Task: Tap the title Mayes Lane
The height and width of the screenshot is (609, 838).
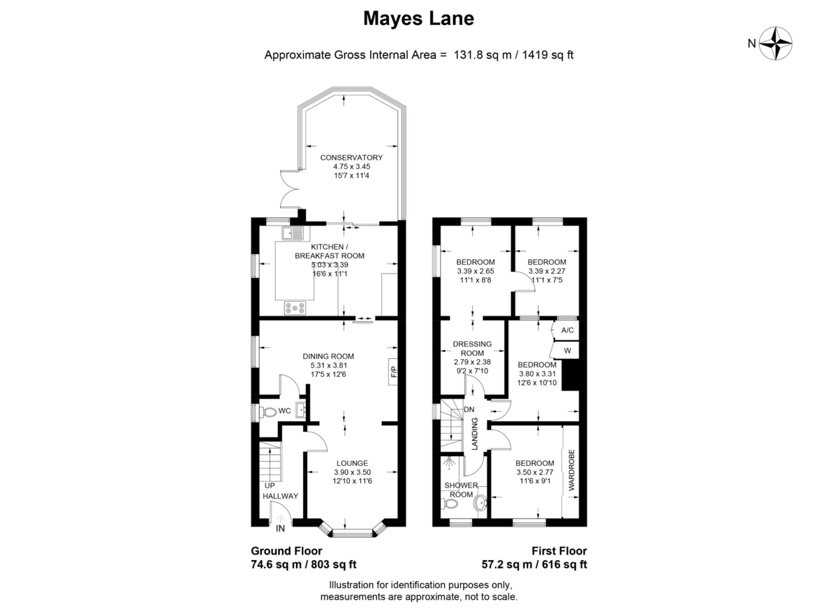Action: (418, 18)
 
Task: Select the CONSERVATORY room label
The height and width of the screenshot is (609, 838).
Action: (351, 157)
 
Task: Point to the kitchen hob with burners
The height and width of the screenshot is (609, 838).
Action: (295, 307)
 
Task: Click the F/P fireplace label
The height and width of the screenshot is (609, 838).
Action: (393, 372)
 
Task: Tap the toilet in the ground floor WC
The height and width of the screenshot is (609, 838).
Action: (268, 412)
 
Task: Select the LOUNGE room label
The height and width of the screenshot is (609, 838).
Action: (352, 463)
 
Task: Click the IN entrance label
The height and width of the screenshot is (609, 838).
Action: (280, 528)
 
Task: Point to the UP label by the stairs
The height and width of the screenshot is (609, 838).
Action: (270, 485)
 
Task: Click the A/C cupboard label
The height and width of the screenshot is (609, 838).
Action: (568, 330)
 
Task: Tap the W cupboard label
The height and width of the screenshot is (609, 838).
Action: (568, 351)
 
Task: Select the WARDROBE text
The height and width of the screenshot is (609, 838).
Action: (571, 470)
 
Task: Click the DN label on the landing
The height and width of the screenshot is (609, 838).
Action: (469, 410)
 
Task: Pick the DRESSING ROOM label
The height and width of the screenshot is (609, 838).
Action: (472, 348)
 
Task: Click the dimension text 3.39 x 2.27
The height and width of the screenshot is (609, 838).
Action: (547, 271)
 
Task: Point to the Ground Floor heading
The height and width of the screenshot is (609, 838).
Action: (286, 550)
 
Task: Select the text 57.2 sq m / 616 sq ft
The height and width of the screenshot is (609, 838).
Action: (534, 564)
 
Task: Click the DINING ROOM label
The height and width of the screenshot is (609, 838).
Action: (328, 356)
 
